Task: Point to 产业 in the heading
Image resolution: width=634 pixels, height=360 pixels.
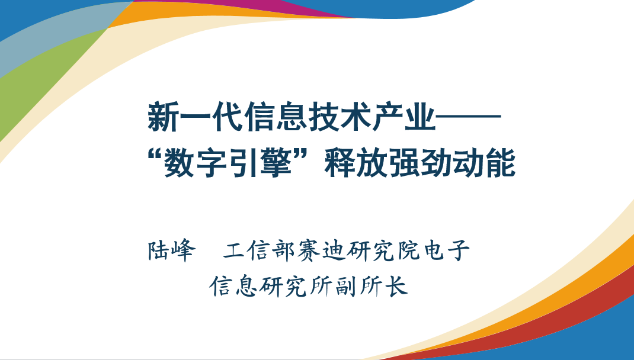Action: tap(404, 117)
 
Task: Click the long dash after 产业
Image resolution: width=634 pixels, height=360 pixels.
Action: tap(468, 117)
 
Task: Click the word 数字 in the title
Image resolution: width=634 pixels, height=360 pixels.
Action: tap(196, 163)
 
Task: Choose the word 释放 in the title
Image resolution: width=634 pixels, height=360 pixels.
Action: tap(356, 163)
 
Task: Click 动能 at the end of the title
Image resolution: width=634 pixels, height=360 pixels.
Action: tap(484, 163)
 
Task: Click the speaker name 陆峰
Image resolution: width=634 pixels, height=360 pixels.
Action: tap(172, 250)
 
